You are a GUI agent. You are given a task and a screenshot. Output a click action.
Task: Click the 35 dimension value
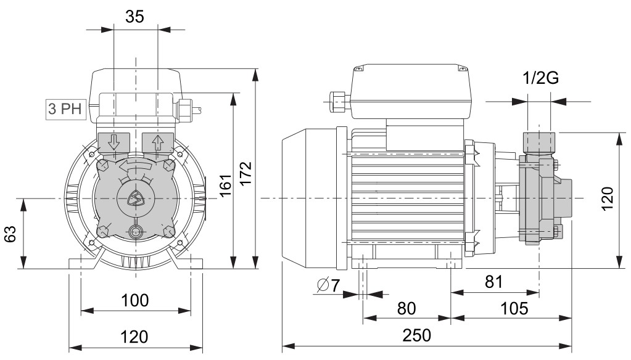134,17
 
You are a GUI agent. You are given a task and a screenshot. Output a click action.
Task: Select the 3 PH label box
65,108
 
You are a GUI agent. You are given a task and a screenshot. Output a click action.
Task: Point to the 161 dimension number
225,186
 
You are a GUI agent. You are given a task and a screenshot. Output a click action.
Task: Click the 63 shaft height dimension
10,234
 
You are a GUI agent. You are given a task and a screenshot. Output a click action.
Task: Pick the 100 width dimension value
135,300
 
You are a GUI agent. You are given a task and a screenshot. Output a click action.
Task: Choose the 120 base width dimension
135,337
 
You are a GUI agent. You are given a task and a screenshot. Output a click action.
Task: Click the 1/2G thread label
541,78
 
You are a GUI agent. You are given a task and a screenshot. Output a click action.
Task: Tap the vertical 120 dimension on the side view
608,198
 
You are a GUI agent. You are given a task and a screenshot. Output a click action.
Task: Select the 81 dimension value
494,282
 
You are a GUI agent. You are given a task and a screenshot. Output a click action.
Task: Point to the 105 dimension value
514,308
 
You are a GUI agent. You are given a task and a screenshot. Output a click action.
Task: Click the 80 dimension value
406,308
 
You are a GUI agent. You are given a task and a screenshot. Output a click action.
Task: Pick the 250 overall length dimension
417,335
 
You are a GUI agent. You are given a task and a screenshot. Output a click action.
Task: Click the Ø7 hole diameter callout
328,285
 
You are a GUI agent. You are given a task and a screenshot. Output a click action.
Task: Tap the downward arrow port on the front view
113,142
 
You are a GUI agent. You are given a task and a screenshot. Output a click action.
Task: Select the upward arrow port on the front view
158,142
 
